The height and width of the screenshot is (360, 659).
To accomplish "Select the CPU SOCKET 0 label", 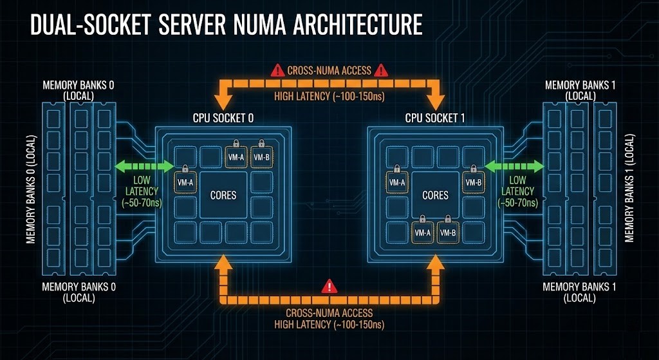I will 224,118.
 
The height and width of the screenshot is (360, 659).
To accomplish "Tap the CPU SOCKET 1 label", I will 435,118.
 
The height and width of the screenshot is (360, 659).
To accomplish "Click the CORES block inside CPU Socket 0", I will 224,194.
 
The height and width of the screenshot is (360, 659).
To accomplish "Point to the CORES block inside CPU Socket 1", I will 435,194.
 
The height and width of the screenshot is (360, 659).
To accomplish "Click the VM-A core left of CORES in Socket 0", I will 185,182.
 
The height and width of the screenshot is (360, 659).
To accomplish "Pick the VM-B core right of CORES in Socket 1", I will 473,182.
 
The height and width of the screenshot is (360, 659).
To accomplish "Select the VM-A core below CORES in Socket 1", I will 422,232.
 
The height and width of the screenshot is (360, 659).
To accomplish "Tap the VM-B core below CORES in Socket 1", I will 448,232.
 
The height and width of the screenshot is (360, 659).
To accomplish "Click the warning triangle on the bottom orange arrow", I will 329,286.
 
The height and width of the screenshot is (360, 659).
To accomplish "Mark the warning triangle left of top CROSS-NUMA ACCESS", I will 277,70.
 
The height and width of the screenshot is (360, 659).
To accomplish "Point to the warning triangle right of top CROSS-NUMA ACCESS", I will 382,70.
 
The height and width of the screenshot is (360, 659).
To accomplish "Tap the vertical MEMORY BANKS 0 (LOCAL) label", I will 30,190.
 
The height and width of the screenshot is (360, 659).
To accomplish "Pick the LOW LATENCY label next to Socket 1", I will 517,191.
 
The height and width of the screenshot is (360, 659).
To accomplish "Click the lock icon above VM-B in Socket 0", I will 261,144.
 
